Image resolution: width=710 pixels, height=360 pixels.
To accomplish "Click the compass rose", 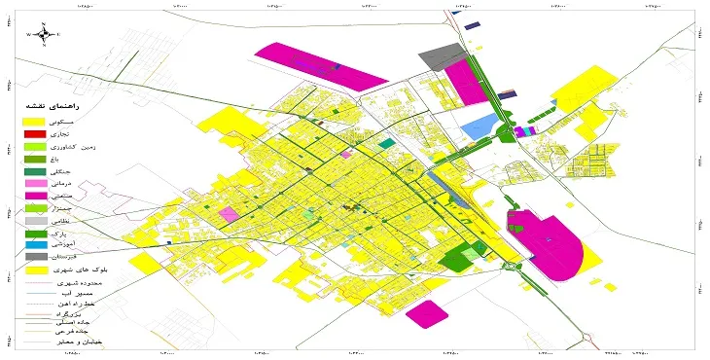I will click(x=44, y=33).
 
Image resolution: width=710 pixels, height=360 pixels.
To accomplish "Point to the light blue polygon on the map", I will click(x=479, y=126).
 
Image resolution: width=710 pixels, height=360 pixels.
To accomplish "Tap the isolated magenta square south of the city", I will click(x=425, y=314).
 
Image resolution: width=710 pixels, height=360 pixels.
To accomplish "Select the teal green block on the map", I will click(x=387, y=143).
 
